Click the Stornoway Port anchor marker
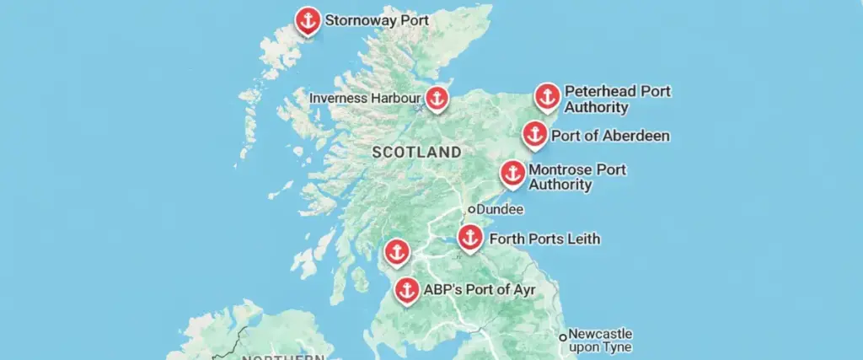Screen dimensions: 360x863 [308, 20]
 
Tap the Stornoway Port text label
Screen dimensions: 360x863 [377, 19]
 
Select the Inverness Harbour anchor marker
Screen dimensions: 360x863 [436, 98]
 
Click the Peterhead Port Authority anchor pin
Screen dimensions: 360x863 [547, 96]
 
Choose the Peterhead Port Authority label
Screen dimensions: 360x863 [617, 99]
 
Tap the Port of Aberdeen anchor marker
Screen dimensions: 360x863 [533, 133]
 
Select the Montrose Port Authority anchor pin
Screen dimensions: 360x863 [512, 173]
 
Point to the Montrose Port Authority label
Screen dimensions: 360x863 [577, 177]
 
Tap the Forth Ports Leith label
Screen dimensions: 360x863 [544, 239]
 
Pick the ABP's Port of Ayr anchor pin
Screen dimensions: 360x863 [407, 290]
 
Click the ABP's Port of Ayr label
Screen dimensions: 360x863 [479, 290]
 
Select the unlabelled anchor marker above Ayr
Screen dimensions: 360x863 [396, 251]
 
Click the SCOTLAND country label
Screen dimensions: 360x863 [416, 153]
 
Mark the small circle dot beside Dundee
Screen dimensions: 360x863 [473, 209]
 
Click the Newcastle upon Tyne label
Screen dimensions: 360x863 [600, 340]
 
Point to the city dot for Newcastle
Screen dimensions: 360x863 [563, 336]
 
